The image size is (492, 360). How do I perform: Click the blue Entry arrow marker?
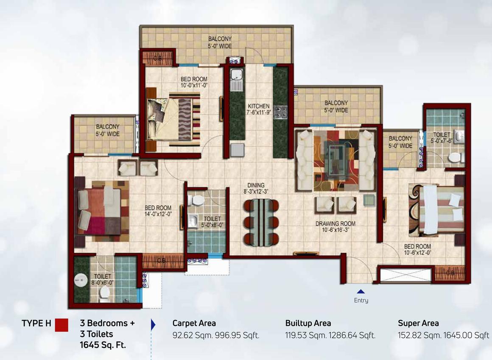coord(361,291)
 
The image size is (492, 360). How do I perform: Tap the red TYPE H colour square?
coord(61,324)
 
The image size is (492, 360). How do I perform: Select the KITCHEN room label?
coord(259,106)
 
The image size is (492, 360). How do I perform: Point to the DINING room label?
coord(256,185)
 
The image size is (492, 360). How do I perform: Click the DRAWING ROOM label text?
coord(335,223)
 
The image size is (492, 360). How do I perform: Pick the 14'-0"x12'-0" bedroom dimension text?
coord(158,214)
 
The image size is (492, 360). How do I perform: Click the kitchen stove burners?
coord(280,113)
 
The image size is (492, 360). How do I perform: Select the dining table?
coord(261,222)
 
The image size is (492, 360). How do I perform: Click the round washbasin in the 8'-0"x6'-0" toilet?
coord(81,281)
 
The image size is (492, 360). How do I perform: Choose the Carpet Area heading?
coord(194,324)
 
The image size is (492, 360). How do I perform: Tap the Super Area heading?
coord(418,324)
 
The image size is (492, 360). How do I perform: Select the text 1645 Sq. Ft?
coord(103,344)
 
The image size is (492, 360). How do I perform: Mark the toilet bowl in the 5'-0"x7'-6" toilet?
coord(454,158)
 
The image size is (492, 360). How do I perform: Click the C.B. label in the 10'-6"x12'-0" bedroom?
coord(450,274)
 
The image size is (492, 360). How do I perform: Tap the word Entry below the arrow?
coord(361,300)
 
